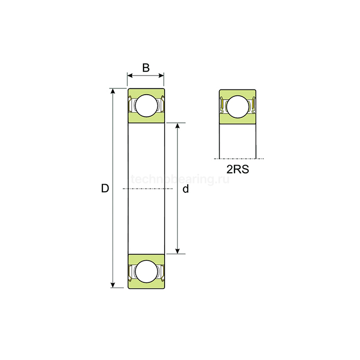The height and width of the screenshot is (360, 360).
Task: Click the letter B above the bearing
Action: [146, 67]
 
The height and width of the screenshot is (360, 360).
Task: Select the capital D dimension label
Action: [105, 189]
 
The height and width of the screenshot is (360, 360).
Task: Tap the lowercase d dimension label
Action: [186, 189]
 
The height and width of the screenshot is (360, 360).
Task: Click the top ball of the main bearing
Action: [146, 105]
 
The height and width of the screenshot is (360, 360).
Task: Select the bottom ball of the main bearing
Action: [146, 271]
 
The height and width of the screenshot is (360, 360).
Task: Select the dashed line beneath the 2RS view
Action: [239, 159]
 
